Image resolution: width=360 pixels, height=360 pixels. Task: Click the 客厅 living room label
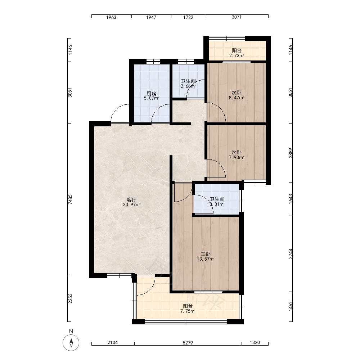(131, 199)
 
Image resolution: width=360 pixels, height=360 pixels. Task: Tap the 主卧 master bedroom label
(206, 254)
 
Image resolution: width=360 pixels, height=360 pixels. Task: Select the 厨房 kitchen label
(151, 94)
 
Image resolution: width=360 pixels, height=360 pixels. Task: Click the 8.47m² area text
(236, 98)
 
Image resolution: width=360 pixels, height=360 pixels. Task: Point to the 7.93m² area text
(236, 158)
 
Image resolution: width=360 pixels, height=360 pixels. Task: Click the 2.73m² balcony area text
(237, 55)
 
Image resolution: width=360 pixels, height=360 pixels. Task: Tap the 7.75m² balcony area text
(188, 311)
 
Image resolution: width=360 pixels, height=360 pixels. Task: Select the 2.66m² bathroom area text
(188, 86)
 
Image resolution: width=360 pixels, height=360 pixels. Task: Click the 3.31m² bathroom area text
(217, 204)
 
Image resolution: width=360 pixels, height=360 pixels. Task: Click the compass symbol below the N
(71, 343)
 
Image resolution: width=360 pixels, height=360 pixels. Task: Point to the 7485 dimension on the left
(70, 199)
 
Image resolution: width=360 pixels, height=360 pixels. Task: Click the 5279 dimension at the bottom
(188, 343)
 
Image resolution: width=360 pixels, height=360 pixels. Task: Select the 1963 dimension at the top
(111, 17)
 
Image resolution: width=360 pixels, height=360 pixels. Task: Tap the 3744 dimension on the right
(291, 254)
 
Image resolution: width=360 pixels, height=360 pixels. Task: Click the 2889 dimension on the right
(291, 153)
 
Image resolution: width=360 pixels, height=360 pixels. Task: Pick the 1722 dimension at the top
(188, 17)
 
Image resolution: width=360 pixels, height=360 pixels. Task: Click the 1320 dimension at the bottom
(255, 343)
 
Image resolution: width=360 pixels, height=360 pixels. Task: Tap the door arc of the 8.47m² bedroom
(220, 108)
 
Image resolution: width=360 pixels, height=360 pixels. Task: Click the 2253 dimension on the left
(70, 298)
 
